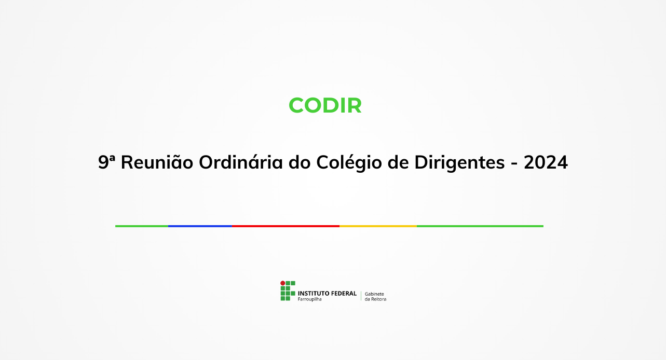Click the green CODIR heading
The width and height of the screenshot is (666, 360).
click(x=325, y=105)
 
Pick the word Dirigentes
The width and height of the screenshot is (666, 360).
click(x=459, y=163)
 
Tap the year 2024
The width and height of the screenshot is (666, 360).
click(x=546, y=163)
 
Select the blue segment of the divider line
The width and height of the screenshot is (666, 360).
click(x=200, y=226)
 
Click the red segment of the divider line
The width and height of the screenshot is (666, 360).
click(x=286, y=226)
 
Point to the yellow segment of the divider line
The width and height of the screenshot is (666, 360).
click(x=378, y=226)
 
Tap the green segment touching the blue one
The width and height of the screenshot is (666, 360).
click(x=142, y=226)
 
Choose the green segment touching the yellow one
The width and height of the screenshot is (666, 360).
click(x=480, y=226)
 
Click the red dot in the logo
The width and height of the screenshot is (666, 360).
click(x=283, y=283)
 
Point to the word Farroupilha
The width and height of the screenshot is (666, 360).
click(x=309, y=299)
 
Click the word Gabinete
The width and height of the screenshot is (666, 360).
click(x=375, y=294)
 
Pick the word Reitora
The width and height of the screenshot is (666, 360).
click(x=378, y=299)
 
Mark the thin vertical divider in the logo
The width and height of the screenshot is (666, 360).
click(x=361, y=296)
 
